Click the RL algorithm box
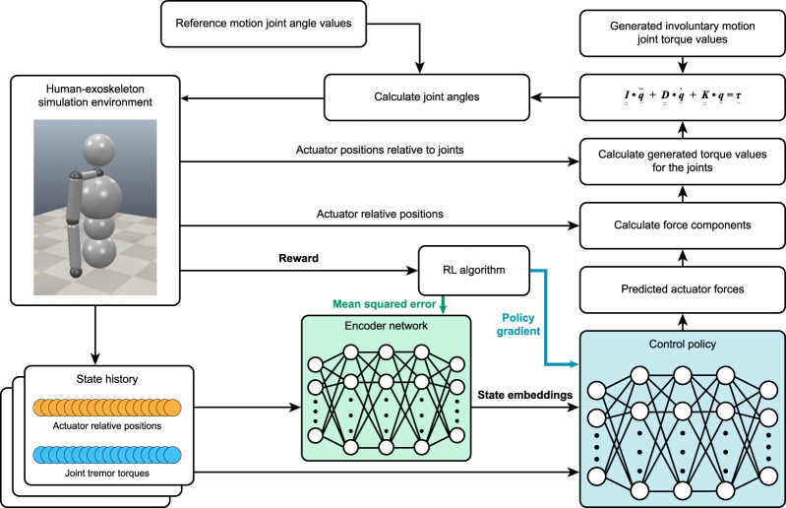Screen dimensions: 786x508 coord(474,271)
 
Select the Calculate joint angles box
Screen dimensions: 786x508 coord(427,97)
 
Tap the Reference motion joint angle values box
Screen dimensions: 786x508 coord(264,24)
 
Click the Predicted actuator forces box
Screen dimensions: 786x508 coord(683,289)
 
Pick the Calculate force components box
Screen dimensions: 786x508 coord(683,225)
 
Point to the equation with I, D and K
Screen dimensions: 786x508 coord(683,95)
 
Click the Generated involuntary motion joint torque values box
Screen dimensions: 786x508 coord(683,33)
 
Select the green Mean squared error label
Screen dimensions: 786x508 coord(384,304)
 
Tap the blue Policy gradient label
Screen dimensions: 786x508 coord(518,325)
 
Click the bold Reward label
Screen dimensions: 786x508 coord(298,258)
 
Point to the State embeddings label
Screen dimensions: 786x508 coord(525,395)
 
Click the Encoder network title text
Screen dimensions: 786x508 coord(386,326)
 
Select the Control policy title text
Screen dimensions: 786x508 coord(683,344)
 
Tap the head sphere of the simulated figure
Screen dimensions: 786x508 coord(98,149)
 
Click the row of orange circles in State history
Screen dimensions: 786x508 coord(107,408)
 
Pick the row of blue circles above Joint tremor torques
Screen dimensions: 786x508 coord(107,455)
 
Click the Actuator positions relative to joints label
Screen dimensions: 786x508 coord(380,150)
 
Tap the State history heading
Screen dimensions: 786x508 coord(107,379)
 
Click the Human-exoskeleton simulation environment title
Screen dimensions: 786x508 coord(95,95)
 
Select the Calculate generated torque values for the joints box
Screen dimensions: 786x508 coord(683,161)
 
